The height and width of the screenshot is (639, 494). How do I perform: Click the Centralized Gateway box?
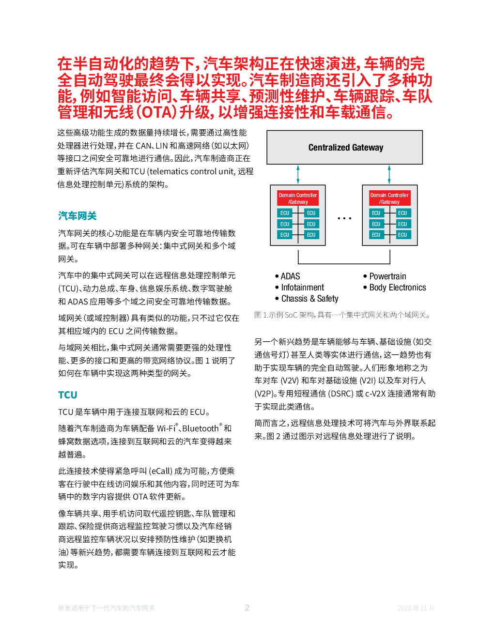(344, 147)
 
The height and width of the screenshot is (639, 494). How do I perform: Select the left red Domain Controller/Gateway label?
(298, 198)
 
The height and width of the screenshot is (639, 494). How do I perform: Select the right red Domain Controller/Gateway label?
(389, 198)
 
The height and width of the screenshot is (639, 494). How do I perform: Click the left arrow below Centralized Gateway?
(298, 174)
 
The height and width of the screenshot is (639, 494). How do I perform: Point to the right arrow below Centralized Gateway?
(389, 174)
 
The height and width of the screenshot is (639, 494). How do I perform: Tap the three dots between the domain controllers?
(344, 218)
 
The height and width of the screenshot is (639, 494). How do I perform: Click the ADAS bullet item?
(288, 276)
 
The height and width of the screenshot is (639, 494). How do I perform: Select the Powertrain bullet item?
(385, 276)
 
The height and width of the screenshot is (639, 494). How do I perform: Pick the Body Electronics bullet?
(395, 288)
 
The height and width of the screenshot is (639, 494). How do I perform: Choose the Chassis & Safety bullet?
(307, 299)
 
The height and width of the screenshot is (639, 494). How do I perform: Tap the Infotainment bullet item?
(299, 288)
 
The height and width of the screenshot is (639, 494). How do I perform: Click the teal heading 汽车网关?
(77, 216)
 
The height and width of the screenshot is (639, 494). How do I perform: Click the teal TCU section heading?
(68, 395)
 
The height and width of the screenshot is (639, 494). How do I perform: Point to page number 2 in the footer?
(247, 608)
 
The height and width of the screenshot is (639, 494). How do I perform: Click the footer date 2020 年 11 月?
(416, 608)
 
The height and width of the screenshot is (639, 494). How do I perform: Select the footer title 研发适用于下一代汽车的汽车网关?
(107, 608)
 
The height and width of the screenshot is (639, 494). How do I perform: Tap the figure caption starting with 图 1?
(343, 315)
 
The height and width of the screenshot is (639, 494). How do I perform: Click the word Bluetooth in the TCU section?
(201, 428)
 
